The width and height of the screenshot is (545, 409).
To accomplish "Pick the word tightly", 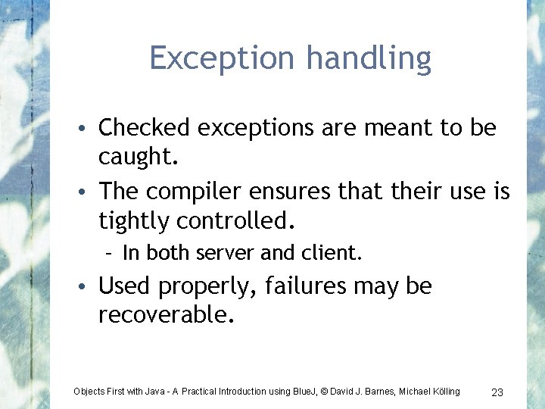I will click(134, 220).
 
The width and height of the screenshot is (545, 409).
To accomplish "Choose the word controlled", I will click(235, 220).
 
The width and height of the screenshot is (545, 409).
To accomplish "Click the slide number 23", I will click(497, 392).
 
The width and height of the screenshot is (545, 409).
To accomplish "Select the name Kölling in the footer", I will click(445, 392).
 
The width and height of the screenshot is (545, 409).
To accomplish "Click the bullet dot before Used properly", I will click(88, 288).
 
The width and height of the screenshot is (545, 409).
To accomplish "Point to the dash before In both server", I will click(111, 253).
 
